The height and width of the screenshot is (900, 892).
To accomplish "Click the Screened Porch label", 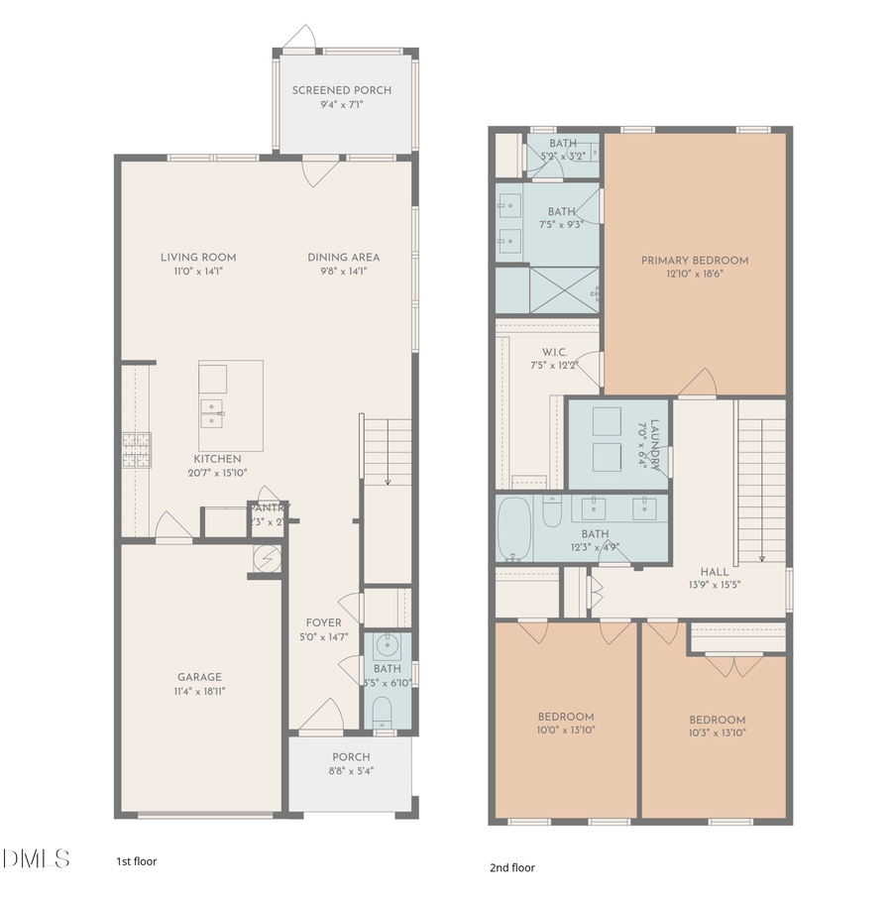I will click(342, 90).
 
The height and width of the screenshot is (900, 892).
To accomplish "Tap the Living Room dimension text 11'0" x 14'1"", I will click(198, 271).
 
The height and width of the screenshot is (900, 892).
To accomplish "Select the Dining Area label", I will click(343, 257).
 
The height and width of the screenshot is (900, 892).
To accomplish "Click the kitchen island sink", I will click(211, 408).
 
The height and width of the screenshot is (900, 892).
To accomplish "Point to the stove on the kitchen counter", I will click(135, 451).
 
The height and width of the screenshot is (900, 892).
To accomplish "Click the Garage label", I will click(199, 678).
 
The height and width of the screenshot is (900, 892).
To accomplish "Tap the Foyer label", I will click(324, 622).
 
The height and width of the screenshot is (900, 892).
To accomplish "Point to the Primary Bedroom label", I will click(694, 261).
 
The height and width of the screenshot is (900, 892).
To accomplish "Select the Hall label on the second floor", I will click(714, 572).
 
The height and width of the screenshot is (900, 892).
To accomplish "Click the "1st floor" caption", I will click(137, 861).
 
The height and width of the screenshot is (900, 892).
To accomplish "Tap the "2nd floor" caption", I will click(512, 867).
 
